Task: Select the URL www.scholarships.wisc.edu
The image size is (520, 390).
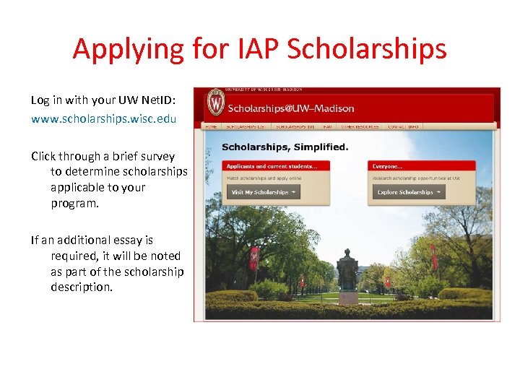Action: coord(103,118)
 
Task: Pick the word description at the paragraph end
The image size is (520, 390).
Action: coord(82,287)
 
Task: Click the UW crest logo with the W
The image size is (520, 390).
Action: coord(216,103)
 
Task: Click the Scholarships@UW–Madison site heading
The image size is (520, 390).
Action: coord(291,108)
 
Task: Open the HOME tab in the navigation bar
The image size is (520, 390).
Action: coord(212,126)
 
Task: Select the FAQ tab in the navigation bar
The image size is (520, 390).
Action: coord(327,126)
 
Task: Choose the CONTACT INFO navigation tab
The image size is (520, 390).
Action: coord(403,126)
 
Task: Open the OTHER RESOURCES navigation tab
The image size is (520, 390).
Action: coord(360,126)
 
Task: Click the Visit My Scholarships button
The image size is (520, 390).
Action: coord(263,192)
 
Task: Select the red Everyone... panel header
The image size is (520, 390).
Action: coord(421,166)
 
